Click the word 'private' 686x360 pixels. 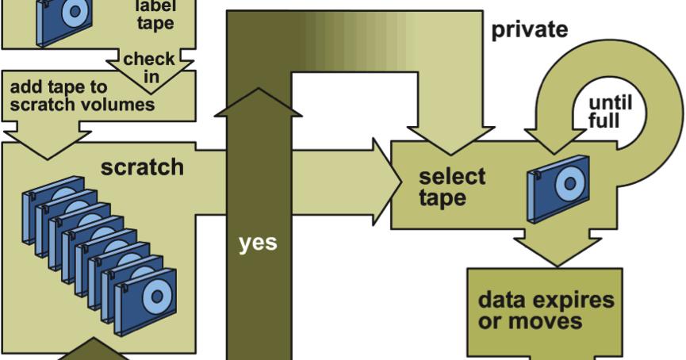(x=530, y=30)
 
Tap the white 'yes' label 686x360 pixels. (x=258, y=243)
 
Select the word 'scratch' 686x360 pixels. (x=142, y=167)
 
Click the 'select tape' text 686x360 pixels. (x=452, y=187)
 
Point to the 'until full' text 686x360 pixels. (x=610, y=112)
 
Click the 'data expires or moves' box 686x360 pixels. (x=545, y=312)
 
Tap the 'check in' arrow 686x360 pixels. (x=150, y=69)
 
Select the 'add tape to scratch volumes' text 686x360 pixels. (x=82, y=96)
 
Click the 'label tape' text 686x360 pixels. (x=155, y=15)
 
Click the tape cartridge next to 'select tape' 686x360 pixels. (x=558, y=189)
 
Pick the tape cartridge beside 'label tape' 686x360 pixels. (x=64, y=21)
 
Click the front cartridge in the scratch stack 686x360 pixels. (x=146, y=302)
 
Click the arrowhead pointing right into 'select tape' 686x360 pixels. (x=387, y=182)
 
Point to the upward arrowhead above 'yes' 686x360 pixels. (x=258, y=103)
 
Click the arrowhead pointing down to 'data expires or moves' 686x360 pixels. (x=558, y=252)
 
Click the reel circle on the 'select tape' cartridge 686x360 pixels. (x=569, y=183)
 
